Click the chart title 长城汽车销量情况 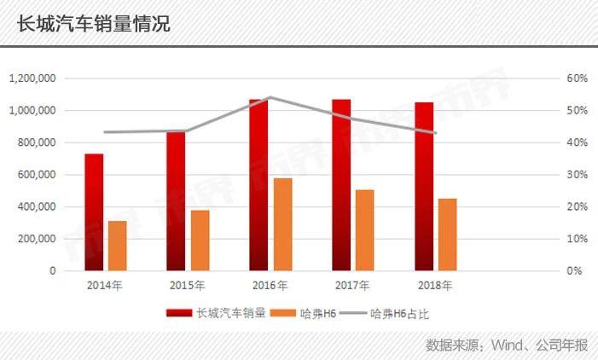93,23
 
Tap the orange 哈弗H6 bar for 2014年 118,246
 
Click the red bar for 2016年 259,184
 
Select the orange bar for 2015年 200,240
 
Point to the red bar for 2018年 424,186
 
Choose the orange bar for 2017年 365,229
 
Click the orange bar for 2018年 448,234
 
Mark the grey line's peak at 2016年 270,97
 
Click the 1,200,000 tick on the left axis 32,78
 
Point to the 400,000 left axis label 36,206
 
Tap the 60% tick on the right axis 578,78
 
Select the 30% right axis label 578,175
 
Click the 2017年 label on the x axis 352,285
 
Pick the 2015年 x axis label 187,285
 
